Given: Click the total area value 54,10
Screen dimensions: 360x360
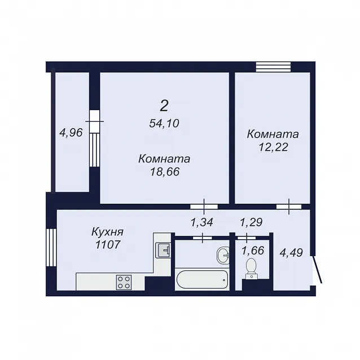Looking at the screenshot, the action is coord(164,124).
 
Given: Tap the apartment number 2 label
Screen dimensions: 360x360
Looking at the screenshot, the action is coord(164,106).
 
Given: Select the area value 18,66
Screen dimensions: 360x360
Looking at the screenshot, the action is coord(165,172).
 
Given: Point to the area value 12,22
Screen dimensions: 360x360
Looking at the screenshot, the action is coord(273,147).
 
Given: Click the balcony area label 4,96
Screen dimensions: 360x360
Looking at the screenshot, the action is coord(71,133).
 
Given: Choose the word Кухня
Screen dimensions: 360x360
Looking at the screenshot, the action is coord(107,232).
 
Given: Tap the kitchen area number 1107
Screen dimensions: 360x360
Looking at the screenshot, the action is coord(108,245).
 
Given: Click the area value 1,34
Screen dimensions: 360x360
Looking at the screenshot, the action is coord(202,222).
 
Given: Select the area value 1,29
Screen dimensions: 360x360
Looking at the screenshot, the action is coord(251,222).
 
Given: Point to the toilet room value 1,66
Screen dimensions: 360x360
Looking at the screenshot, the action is coord(253,251).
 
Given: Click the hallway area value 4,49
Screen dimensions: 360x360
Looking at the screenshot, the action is coord(291,253).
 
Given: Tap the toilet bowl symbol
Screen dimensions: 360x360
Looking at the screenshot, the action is coord(252,269).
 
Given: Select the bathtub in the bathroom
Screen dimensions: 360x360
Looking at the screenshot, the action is coord(201,279).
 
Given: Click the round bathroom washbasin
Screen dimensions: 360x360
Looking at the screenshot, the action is coord(223,254).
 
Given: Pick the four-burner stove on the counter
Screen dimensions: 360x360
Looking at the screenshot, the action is coord(124,282).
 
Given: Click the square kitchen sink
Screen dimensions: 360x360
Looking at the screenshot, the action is coord(163,250).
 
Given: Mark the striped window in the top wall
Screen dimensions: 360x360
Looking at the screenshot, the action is coord(273,67).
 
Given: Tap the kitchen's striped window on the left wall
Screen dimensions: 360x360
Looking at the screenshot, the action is coord(51,248).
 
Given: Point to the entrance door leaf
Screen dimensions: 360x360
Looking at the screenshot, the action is coord(317,270).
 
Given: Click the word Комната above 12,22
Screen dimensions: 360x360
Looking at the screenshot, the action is coord(273,134).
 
